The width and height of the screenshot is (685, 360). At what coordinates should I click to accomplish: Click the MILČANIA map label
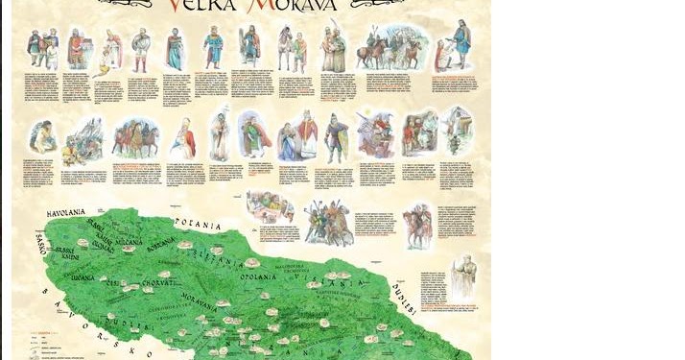click(130, 241)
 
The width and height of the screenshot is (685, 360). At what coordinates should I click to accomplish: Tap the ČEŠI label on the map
click(113, 284)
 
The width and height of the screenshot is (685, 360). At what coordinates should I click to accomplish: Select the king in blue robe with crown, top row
click(212, 47)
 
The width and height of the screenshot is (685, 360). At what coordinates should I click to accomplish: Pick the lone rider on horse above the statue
click(417, 226)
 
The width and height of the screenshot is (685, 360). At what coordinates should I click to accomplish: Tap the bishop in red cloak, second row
click(308, 134)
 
